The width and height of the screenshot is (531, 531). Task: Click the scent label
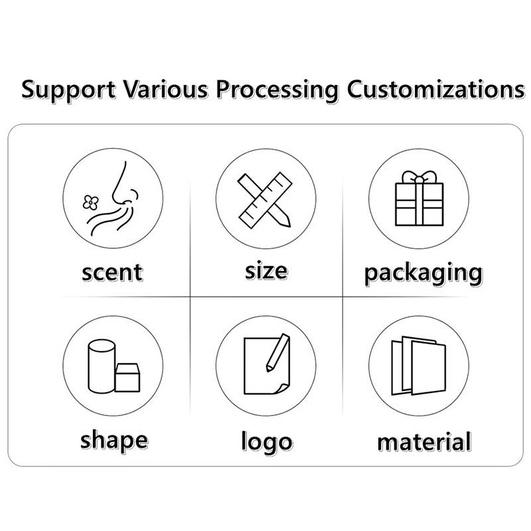(112, 272)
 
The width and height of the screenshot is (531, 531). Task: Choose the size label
(265, 271)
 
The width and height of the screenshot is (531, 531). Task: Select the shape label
(114, 439)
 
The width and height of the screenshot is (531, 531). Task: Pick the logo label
(266, 442)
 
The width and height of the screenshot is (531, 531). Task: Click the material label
(424, 441)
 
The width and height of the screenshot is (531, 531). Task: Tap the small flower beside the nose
(89, 200)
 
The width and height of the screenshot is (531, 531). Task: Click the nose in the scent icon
(119, 186)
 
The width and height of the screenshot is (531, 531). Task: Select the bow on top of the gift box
(418, 177)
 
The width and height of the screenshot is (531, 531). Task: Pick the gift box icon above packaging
(418, 202)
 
